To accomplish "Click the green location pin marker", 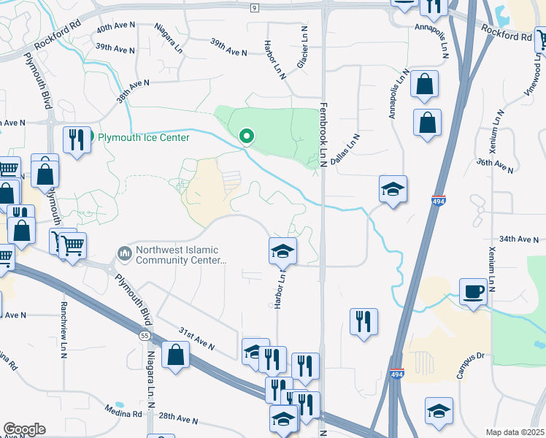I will click(x=247, y=136).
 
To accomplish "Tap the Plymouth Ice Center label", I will click(x=144, y=137).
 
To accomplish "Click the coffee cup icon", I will click(x=473, y=291).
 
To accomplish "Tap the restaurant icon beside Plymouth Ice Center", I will click(x=77, y=139).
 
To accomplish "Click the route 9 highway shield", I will click(x=253, y=7).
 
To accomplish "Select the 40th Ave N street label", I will click(x=116, y=26).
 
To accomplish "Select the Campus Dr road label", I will click(x=471, y=366).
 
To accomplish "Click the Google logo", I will click(x=24, y=429).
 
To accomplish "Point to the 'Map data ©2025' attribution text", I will click(x=515, y=432).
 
